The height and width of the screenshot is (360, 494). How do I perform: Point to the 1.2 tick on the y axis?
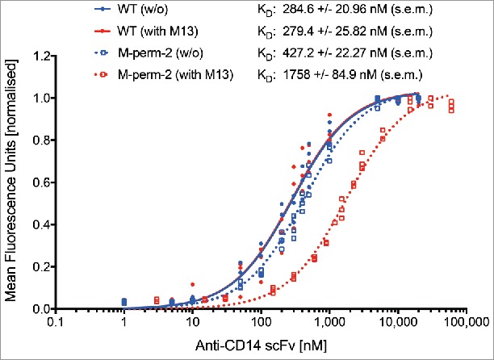[x=39, y=56]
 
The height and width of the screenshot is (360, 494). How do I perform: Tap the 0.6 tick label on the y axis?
[x=39, y=182]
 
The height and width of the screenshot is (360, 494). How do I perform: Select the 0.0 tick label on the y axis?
[x=39, y=309]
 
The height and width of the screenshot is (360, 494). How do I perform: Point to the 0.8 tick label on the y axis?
[x=39, y=140]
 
